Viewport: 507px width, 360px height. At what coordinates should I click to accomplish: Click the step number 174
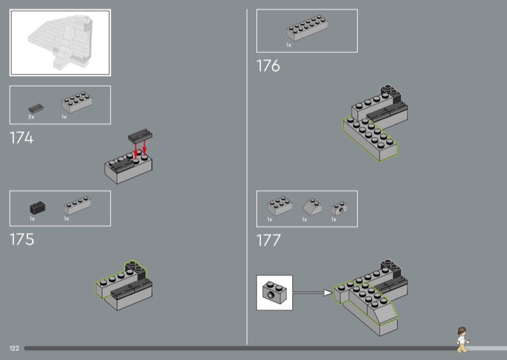tap(22, 138)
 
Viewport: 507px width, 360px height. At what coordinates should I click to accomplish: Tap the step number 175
tap(22, 240)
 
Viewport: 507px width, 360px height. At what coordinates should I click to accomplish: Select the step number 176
tap(268, 66)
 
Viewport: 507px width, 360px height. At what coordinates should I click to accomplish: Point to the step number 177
tap(268, 240)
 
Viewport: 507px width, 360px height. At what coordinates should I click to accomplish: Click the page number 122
tap(14, 348)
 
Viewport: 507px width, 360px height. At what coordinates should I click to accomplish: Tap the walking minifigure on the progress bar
tap(463, 340)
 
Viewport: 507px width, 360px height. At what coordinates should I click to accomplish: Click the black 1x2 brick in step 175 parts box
tap(37, 208)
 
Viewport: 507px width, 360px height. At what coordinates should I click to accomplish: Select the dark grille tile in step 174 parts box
tap(36, 108)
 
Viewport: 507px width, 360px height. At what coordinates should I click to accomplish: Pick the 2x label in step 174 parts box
tap(31, 117)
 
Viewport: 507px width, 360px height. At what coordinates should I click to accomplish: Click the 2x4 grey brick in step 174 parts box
tap(77, 102)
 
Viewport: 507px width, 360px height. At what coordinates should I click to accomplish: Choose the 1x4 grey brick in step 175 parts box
tap(77, 205)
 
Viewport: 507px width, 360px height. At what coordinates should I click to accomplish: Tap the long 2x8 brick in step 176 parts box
tap(307, 28)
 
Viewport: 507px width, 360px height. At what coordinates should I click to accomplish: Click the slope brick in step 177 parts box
tap(312, 207)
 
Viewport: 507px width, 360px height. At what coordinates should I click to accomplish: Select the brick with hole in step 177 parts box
tap(339, 209)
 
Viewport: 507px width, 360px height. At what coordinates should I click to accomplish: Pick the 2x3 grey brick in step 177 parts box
tap(279, 206)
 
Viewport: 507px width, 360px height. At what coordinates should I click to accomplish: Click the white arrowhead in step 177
tap(328, 293)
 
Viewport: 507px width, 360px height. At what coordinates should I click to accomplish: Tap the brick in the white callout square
tap(274, 292)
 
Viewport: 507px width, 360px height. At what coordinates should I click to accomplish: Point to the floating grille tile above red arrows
tap(140, 136)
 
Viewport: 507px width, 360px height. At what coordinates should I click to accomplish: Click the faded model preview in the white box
tap(60, 42)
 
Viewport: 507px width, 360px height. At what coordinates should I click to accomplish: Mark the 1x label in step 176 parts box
tap(289, 45)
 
